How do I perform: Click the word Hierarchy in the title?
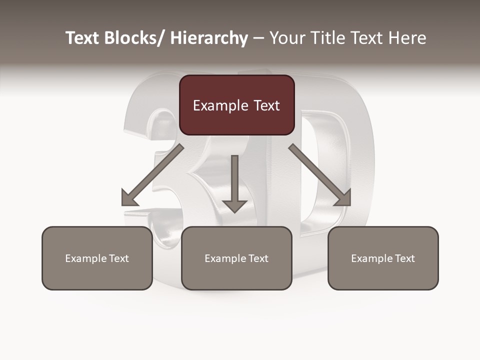pos(209,38)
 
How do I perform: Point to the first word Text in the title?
pos(83,38)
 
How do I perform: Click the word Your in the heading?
pos(285,38)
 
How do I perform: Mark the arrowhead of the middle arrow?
pos(234,205)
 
